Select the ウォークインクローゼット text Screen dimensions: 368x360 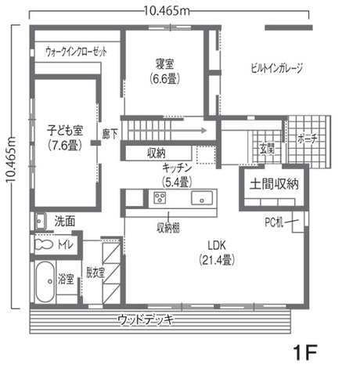76,51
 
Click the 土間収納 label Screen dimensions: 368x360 274,185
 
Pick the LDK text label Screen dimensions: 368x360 213,244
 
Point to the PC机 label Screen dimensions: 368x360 275,222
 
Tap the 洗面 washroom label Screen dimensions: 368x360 64,221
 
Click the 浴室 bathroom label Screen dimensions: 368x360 67,279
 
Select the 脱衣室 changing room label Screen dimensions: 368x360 95,272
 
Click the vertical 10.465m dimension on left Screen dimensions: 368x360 10,164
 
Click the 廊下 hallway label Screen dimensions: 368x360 110,134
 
